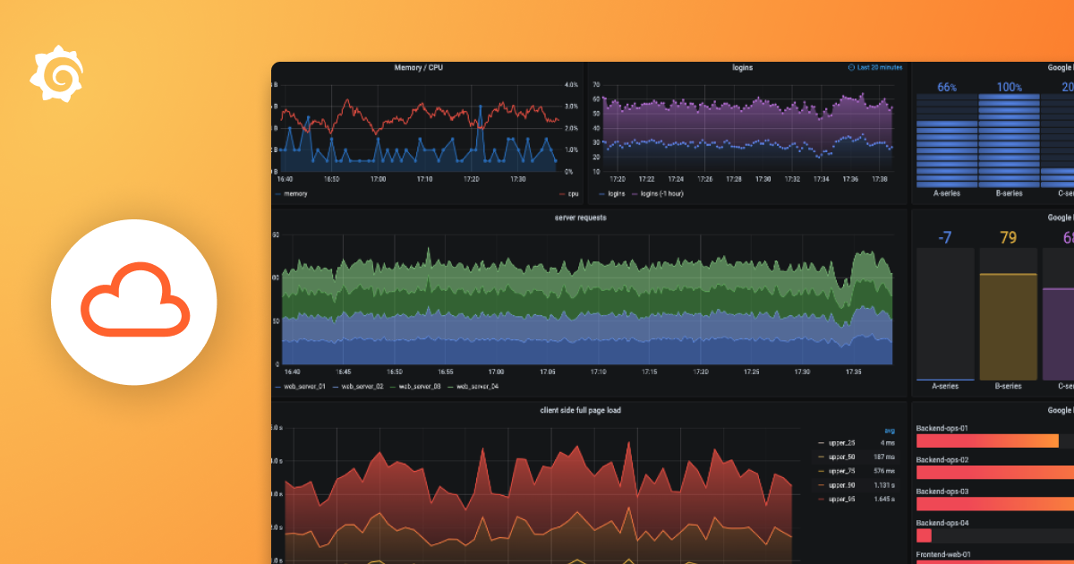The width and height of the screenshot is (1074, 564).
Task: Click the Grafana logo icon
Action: [57, 73]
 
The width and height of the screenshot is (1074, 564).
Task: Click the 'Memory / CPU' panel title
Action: [418, 68]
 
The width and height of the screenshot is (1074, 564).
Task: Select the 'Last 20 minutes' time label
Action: [879, 68]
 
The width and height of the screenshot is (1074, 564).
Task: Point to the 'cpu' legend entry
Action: [571, 193]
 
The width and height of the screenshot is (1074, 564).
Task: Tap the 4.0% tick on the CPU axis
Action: [572, 86]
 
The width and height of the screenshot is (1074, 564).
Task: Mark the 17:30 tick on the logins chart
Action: [762, 179]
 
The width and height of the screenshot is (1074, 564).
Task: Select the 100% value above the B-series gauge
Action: [1009, 87]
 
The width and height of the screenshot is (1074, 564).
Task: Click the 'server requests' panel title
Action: [581, 218]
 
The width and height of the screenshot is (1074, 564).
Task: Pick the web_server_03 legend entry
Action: [419, 386]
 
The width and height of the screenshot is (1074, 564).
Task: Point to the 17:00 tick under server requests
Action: [495, 372]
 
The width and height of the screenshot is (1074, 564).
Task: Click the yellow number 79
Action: [1008, 237]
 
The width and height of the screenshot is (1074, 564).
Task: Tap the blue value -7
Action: [944, 237]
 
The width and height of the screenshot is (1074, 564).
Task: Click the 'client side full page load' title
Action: [580, 410]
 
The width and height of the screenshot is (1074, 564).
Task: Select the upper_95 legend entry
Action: [842, 499]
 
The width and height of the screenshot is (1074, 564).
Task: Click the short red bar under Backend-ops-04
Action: [924, 535]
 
